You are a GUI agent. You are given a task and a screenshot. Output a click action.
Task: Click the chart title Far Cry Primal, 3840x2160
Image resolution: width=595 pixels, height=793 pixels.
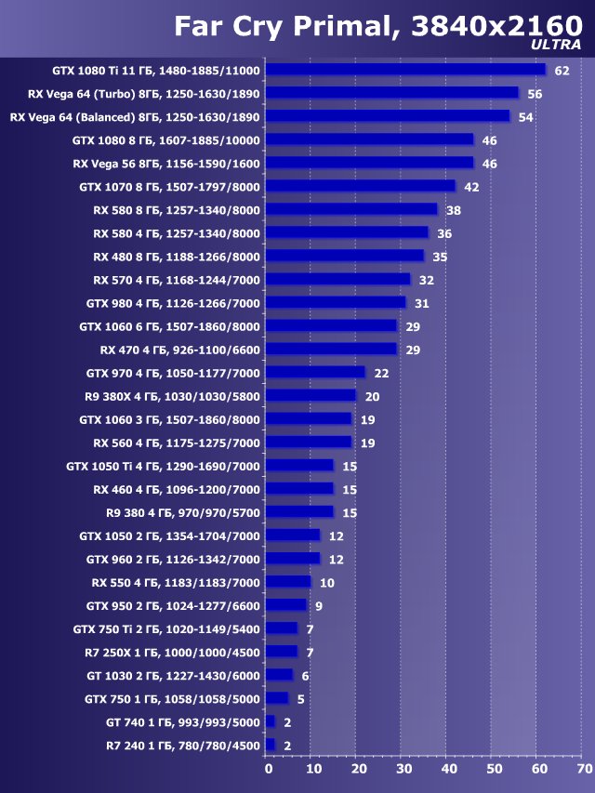[x=377, y=27]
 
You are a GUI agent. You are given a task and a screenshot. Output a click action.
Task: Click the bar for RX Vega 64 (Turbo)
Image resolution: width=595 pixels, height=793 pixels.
[x=391, y=93]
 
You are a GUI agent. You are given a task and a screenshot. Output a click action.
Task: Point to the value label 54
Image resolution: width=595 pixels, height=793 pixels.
[x=524, y=117]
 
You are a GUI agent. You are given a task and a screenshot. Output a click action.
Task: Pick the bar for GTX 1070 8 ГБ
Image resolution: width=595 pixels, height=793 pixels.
[x=360, y=187]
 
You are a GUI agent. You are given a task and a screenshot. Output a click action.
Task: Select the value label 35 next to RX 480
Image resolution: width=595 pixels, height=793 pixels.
[x=440, y=257]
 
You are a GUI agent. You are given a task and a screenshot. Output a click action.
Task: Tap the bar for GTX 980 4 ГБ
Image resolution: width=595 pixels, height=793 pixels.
[x=335, y=303]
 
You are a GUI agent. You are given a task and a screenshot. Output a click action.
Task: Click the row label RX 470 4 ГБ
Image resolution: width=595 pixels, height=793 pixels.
[x=179, y=350]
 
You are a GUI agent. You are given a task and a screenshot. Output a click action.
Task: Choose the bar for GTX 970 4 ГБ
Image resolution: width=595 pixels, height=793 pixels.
[x=314, y=373]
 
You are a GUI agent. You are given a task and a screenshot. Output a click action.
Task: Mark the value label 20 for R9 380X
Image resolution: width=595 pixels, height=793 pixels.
[x=372, y=396]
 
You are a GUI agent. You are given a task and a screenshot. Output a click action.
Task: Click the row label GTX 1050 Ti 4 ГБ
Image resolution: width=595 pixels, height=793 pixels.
[x=164, y=466]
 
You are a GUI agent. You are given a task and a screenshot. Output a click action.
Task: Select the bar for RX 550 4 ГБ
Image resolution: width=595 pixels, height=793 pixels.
[x=287, y=582]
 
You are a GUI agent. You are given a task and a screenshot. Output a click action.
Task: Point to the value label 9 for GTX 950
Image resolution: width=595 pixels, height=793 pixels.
[x=319, y=605]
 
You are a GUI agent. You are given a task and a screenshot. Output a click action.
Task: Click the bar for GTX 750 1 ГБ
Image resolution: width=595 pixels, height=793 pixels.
[x=276, y=698]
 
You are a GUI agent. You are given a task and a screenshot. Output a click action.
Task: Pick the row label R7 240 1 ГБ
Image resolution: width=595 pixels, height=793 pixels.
[x=183, y=745]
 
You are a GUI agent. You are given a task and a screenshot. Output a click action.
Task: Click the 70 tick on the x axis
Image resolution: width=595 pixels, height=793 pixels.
[x=584, y=770]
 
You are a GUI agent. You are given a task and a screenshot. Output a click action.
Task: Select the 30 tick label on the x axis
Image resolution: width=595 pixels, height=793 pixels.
[x=403, y=770]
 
